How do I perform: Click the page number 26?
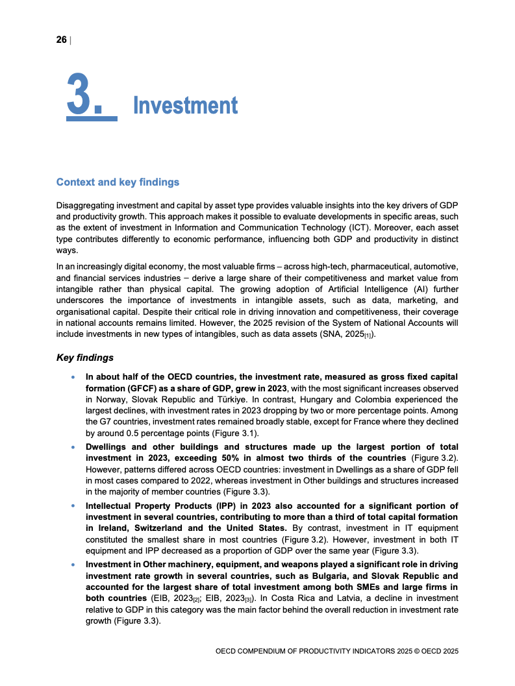coord(62,40)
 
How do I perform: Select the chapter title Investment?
coord(185,105)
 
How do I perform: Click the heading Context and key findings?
coord(118,182)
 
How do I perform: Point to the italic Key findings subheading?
coord(85,358)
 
